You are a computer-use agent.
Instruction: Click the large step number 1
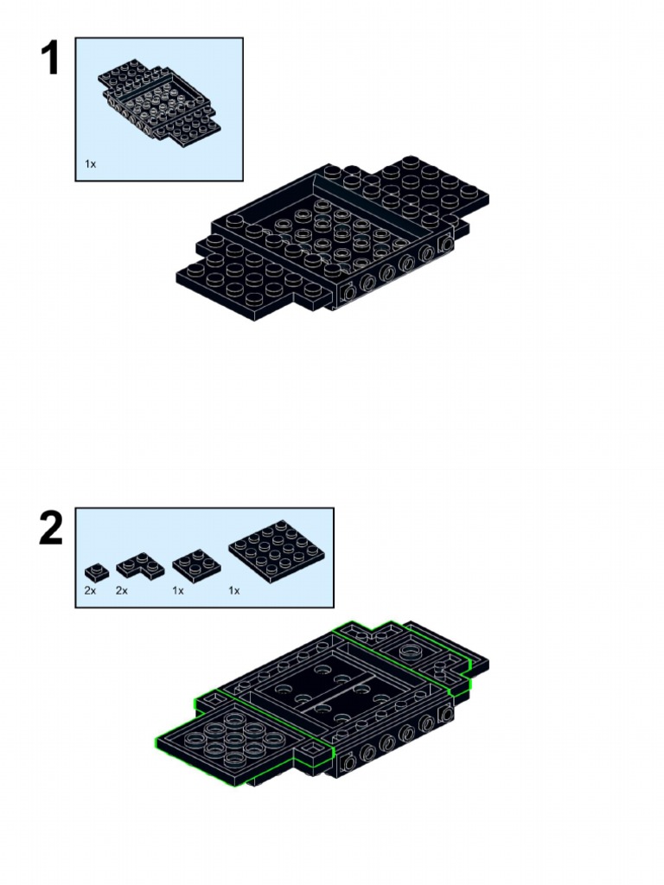click(x=50, y=58)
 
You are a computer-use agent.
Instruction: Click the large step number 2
click(x=51, y=528)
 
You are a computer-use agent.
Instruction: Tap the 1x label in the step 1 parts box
click(x=90, y=164)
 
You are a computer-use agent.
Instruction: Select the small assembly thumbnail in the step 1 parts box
click(x=159, y=102)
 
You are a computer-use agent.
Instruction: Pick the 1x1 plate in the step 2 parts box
click(x=97, y=572)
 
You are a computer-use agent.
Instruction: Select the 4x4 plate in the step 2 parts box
click(x=277, y=552)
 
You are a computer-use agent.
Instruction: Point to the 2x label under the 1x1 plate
click(x=90, y=591)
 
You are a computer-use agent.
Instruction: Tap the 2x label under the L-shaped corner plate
click(x=122, y=591)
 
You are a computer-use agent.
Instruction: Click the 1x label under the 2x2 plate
click(x=178, y=591)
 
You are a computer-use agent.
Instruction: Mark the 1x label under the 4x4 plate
click(x=234, y=591)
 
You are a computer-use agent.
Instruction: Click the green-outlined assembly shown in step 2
click(x=322, y=703)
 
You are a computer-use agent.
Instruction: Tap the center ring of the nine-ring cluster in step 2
click(x=233, y=738)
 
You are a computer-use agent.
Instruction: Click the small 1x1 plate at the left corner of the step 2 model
click(x=214, y=701)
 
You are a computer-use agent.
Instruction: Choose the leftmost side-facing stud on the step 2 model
click(x=349, y=762)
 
